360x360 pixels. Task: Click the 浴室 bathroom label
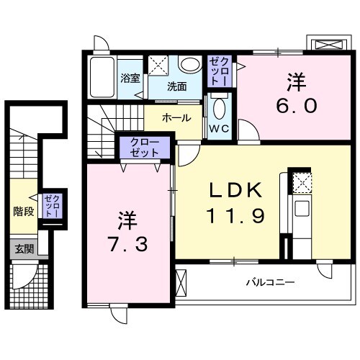[130, 78]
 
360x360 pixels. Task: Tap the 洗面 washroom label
[177, 86]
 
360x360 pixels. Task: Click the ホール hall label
[176, 117]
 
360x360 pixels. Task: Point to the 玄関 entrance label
[24, 249]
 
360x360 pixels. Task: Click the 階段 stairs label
[24, 212]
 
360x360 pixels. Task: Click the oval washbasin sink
[190, 64]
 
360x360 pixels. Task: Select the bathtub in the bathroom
[104, 77]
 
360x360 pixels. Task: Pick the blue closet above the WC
[220, 72]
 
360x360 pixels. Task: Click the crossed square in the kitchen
[302, 183]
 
